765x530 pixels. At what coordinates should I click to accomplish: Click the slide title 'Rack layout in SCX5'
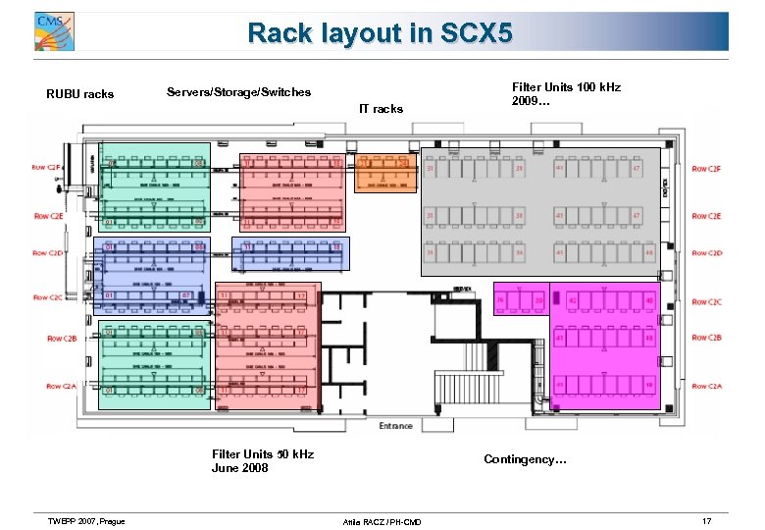pyautogui.click(x=380, y=33)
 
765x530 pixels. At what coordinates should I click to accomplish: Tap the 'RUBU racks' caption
pyautogui.click(x=80, y=95)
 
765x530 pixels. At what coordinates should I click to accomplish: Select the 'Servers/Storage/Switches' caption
pyautogui.click(x=238, y=92)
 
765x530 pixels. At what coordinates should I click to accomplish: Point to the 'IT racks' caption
pyautogui.click(x=381, y=109)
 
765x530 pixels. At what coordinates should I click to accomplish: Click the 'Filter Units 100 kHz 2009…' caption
pyautogui.click(x=566, y=94)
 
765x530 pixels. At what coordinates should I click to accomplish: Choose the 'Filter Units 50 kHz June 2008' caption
pyautogui.click(x=263, y=460)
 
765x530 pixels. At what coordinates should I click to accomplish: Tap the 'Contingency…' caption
pyautogui.click(x=525, y=459)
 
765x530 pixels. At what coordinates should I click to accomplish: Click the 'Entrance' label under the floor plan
pyautogui.click(x=395, y=426)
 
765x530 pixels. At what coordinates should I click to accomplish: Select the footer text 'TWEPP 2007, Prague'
pyautogui.click(x=85, y=520)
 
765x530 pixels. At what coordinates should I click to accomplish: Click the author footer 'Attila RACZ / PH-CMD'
pyautogui.click(x=381, y=521)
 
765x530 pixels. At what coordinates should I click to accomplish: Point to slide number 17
pyautogui.click(x=706, y=519)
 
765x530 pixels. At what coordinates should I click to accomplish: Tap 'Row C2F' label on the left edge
pyautogui.click(x=47, y=168)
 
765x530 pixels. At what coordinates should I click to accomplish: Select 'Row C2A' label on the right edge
pyautogui.click(x=706, y=387)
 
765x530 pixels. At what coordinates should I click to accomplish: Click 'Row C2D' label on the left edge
pyautogui.click(x=47, y=253)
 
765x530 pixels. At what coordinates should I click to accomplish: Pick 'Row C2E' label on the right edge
pyautogui.click(x=706, y=216)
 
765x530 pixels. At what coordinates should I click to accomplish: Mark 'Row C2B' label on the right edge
pyautogui.click(x=706, y=338)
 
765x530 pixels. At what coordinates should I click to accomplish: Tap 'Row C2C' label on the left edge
pyautogui.click(x=47, y=297)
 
